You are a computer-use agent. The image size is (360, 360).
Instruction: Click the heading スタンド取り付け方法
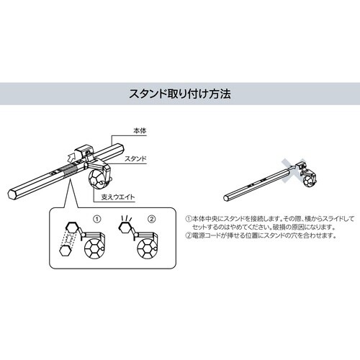tap(179, 94)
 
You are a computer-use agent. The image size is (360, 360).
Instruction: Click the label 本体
tap(140, 131)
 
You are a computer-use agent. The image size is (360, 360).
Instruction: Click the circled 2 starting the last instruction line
tap(188, 235)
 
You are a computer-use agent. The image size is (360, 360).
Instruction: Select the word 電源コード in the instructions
tap(204, 235)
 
